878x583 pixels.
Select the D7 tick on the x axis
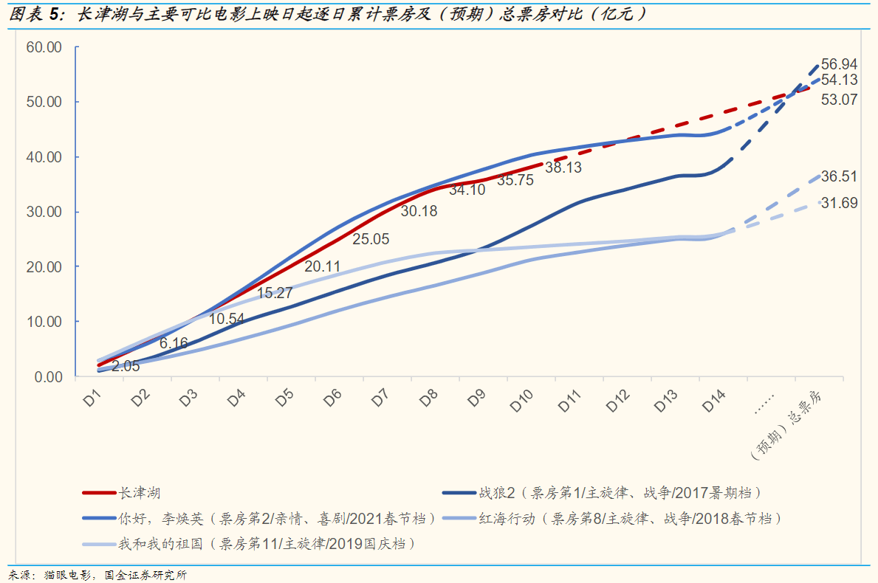[x=380, y=399]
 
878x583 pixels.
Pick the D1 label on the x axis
[x=92, y=399]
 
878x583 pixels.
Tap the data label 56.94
[x=839, y=64]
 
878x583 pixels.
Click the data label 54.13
[x=839, y=80]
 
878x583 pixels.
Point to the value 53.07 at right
[x=839, y=99]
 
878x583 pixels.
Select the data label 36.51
[x=839, y=176]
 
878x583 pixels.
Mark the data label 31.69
[x=839, y=203]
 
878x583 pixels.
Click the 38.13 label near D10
[x=563, y=168]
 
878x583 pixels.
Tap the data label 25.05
[x=371, y=239]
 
